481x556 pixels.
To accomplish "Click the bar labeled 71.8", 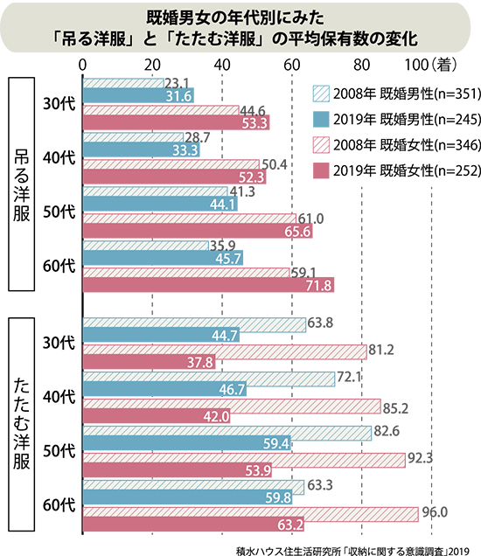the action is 208,285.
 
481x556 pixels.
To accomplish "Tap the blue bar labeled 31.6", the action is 138,96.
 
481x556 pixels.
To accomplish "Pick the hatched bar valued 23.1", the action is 123,83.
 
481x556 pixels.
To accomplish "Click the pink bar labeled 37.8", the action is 149,362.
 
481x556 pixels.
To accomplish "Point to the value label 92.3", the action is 420,458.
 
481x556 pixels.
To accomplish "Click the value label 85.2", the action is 395,408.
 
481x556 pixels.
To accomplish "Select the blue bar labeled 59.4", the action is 187,443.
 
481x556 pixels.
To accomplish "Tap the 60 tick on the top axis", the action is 292,65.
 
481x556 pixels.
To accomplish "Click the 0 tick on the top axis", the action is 82,65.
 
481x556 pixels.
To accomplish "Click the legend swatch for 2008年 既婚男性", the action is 321,94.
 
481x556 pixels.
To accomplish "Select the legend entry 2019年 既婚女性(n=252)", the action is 396,170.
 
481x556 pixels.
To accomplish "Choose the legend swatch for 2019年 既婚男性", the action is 321,120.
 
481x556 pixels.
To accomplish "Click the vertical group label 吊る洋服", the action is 21,184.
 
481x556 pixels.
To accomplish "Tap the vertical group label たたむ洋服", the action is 21,424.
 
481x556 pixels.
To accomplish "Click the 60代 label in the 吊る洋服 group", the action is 59,266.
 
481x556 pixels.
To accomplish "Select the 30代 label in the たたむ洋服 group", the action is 59,343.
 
